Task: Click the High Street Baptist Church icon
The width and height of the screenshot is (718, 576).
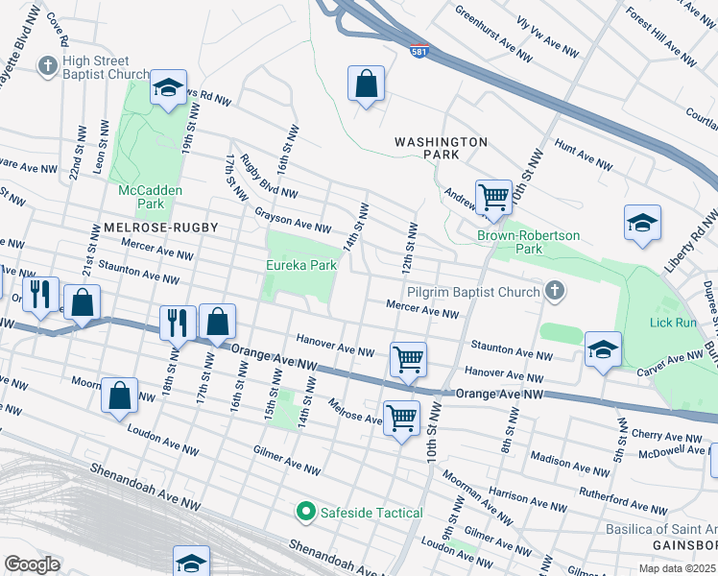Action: pyautogui.click(x=46, y=65)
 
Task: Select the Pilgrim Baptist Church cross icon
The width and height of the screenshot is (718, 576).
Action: pyautogui.click(x=554, y=289)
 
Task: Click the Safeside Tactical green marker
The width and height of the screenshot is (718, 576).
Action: pyautogui.click(x=306, y=512)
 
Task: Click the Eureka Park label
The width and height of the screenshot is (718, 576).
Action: pyautogui.click(x=300, y=265)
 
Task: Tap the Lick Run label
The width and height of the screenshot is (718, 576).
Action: pyautogui.click(x=673, y=323)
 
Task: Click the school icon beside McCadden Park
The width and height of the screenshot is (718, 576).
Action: pyautogui.click(x=168, y=89)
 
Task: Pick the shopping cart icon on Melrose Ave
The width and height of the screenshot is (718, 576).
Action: pyautogui.click(x=401, y=417)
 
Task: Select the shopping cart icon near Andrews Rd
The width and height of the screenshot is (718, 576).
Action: pyautogui.click(x=493, y=197)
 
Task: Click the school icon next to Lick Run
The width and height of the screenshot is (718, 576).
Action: pyautogui.click(x=603, y=348)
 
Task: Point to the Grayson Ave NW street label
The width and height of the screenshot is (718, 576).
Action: pyautogui.click(x=292, y=221)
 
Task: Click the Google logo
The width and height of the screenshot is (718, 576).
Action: pyautogui.click(x=32, y=564)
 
